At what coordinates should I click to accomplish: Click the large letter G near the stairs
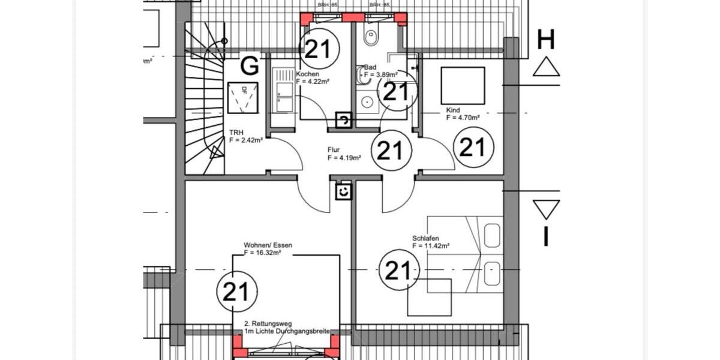click(x=250, y=65)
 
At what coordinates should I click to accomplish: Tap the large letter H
click(x=545, y=40)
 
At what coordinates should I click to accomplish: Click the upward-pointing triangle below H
click(x=546, y=67)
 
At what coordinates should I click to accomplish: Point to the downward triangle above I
click(x=546, y=209)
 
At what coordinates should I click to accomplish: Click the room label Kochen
click(x=308, y=74)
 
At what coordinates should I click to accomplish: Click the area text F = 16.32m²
click(x=263, y=253)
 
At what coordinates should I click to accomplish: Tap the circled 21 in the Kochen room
click(x=319, y=49)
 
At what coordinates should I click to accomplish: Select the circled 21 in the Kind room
click(x=472, y=147)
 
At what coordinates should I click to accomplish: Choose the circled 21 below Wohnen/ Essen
click(x=236, y=292)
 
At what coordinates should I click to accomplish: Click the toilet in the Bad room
click(x=370, y=37)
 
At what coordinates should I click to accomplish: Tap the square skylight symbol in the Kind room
click(x=463, y=86)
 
